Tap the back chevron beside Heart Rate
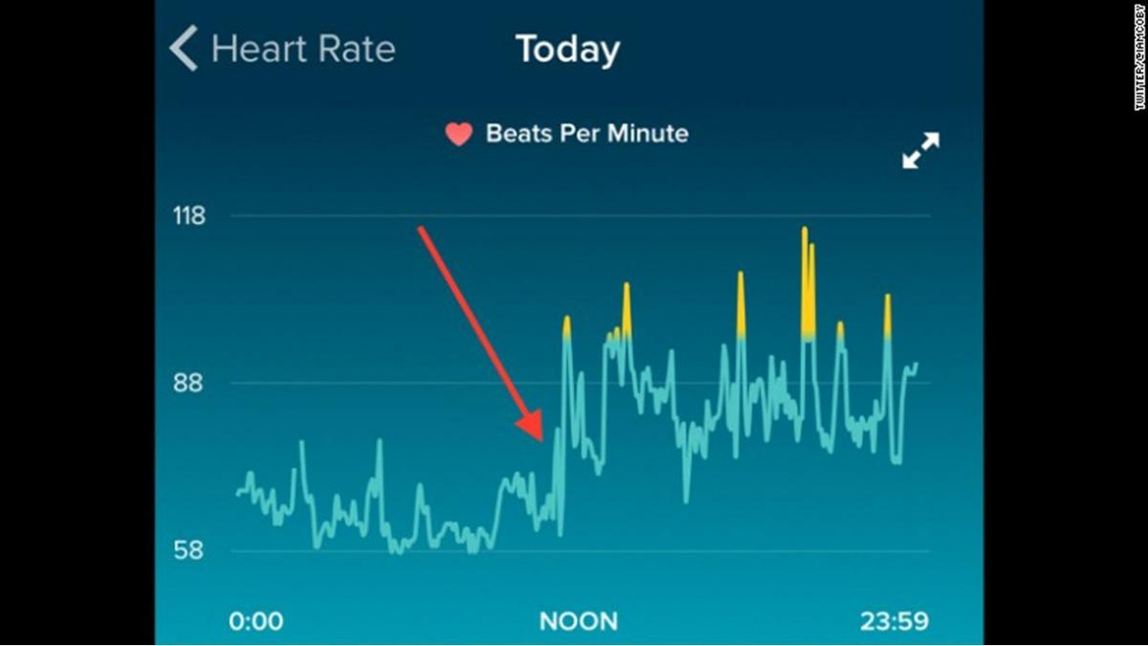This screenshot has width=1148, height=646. click(x=184, y=49)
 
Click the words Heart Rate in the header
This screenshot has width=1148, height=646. click(x=302, y=49)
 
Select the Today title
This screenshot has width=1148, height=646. click(x=567, y=50)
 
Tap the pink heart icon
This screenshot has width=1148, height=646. click(x=459, y=134)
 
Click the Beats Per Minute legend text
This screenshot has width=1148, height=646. click(x=586, y=133)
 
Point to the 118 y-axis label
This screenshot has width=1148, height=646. click(x=188, y=216)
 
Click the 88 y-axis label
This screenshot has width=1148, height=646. click(x=188, y=383)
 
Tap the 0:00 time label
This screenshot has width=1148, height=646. click(x=255, y=621)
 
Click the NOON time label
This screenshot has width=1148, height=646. click(x=579, y=621)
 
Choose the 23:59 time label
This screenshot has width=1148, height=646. click(x=894, y=621)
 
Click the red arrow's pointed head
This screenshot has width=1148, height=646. click(x=538, y=435)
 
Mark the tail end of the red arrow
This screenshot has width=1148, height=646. click(x=420, y=229)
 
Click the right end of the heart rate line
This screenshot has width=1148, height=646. click(x=916, y=364)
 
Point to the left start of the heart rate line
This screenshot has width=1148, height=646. click(x=237, y=494)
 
